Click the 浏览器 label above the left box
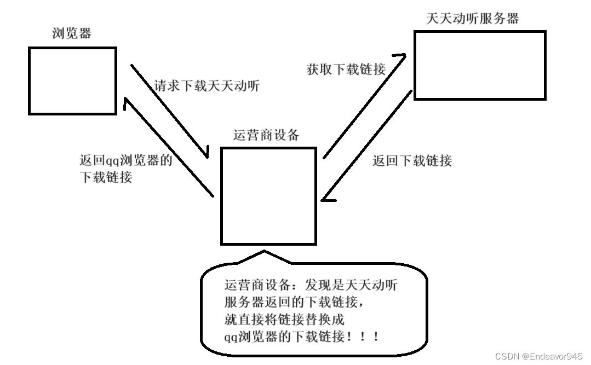tap(72, 33)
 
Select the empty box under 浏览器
tap(72, 80)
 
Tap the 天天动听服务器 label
tap(472, 19)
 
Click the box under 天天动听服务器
tap(480, 65)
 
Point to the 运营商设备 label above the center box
tap(266, 135)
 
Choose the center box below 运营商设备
tap(268, 196)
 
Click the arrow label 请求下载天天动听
tap(207, 86)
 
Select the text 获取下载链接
tap(346, 69)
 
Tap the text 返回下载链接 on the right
tap(412, 160)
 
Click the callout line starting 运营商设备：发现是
tap(311, 285)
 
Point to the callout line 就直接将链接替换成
tap(285, 319)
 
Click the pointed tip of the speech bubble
tap(265, 252)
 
